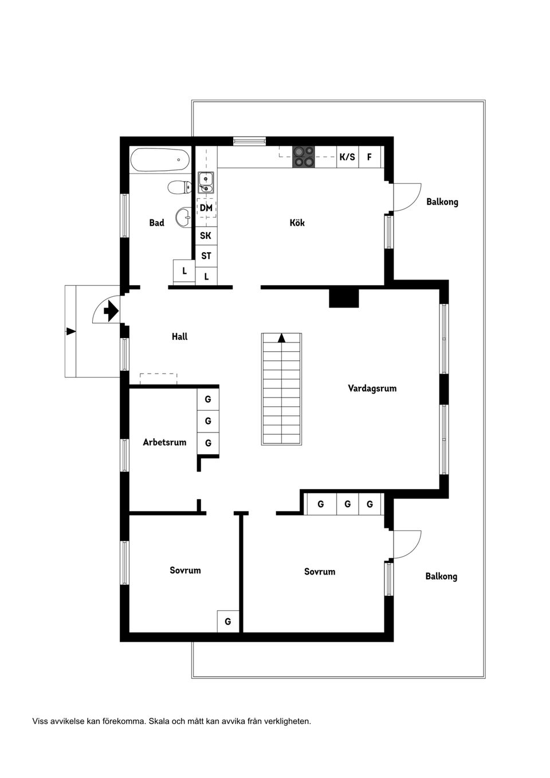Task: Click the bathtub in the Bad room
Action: point(160,160)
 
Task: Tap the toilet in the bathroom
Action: point(180,187)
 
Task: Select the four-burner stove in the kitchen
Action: point(304,156)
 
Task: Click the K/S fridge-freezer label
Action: point(347,156)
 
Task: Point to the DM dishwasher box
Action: point(206,208)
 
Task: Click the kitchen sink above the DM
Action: point(206,182)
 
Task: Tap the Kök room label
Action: point(297,222)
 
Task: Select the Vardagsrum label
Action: point(372,388)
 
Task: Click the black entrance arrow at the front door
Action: point(111,311)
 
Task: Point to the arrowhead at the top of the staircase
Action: point(281,337)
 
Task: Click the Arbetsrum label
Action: point(164,442)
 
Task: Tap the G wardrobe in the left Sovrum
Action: point(227,621)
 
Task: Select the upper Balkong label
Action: point(442,202)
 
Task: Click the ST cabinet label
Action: point(206,256)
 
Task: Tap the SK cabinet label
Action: point(206,235)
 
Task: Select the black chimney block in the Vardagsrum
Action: point(344,298)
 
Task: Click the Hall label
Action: point(179,337)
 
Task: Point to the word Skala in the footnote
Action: point(160,721)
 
